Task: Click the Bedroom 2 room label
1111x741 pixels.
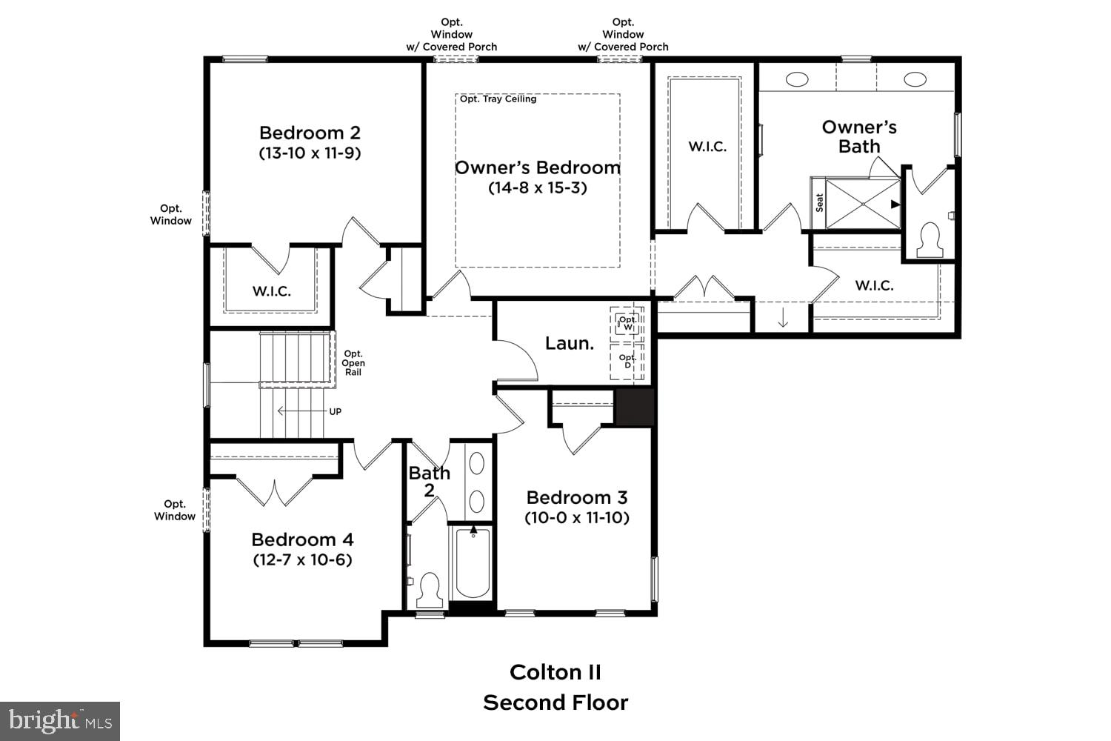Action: tap(310, 133)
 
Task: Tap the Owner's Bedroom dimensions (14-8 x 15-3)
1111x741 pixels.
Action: tap(537, 188)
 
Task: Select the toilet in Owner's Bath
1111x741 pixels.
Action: tap(928, 240)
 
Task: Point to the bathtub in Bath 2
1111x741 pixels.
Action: tap(473, 563)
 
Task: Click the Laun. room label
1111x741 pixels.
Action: tap(570, 343)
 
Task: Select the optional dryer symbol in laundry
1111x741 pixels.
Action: tap(627, 362)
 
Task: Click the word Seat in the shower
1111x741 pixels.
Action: tap(819, 203)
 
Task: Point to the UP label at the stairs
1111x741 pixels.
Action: tap(335, 412)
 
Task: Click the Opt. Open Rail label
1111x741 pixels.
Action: tap(353, 363)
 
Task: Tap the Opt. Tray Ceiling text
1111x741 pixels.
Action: tap(498, 99)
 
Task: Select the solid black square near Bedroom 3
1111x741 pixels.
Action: tap(635, 407)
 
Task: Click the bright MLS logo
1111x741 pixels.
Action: tap(60, 721)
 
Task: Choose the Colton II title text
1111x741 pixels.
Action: tap(555, 672)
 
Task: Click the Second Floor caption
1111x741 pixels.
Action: tap(555, 702)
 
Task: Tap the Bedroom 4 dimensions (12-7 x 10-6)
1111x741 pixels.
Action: tap(302, 560)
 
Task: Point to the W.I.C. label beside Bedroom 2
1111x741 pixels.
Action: tap(271, 291)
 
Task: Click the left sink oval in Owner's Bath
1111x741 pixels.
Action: tap(797, 79)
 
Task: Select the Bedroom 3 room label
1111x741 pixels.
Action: tap(577, 497)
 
